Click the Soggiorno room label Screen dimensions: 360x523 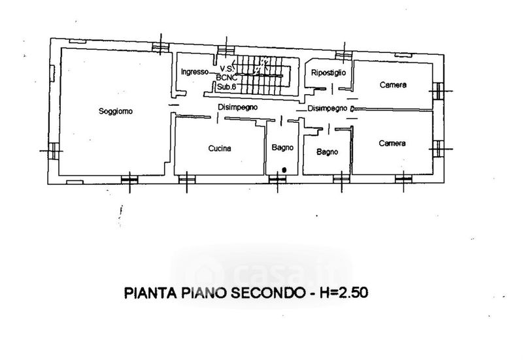(116, 111)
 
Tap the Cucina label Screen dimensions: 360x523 (220, 149)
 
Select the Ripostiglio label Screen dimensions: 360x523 (329, 72)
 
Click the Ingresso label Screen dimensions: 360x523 (194, 71)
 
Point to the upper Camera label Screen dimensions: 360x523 (393, 86)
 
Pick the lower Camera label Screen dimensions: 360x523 (392, 143)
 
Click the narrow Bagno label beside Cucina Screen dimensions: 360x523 (282, 148)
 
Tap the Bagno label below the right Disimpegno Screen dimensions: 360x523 (326, 152)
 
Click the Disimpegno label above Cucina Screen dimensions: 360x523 (237, 106)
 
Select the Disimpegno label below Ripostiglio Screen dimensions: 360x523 (326, 108)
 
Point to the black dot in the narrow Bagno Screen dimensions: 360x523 (283, 170)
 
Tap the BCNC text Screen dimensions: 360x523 (226, 77)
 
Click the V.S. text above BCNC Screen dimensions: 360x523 (227, 69)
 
